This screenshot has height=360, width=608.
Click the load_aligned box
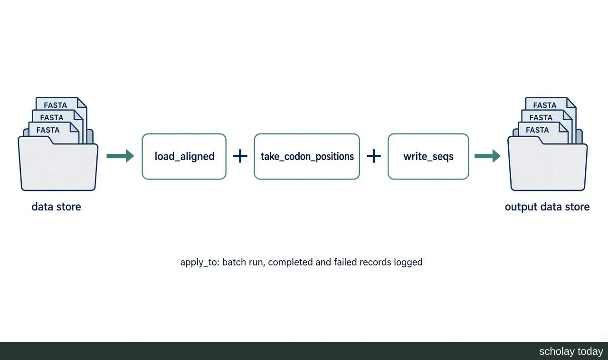click(x=184, y=156)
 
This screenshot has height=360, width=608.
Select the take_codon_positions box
click(x=307, y=156)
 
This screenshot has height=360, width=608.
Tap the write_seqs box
click(x=428, y=156)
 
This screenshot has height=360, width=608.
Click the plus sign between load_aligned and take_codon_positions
click(x=240, y=156)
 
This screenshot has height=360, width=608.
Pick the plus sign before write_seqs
click(x=374, y=156)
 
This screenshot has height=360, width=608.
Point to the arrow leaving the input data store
click(x=120, y=156)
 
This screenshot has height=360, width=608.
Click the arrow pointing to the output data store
click(x=487, y=156)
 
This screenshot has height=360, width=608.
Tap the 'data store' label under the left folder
click(x=56, y=207)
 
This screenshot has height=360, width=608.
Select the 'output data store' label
click(x=547, y=207)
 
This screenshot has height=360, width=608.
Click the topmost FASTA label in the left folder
click(x=56, y=105)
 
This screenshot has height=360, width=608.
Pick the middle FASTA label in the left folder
click(x=52, y=118)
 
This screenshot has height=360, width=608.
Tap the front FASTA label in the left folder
click(x=48, y=130)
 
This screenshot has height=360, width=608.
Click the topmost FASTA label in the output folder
click(x=545, y=105)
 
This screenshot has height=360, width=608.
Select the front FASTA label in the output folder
click(x=537, y=130)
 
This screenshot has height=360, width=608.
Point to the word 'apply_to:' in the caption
click(x=200, y=262)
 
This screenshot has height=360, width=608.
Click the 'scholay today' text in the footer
click(x=571, y=351)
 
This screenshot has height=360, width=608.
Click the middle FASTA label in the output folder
click(x=541, y=118)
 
